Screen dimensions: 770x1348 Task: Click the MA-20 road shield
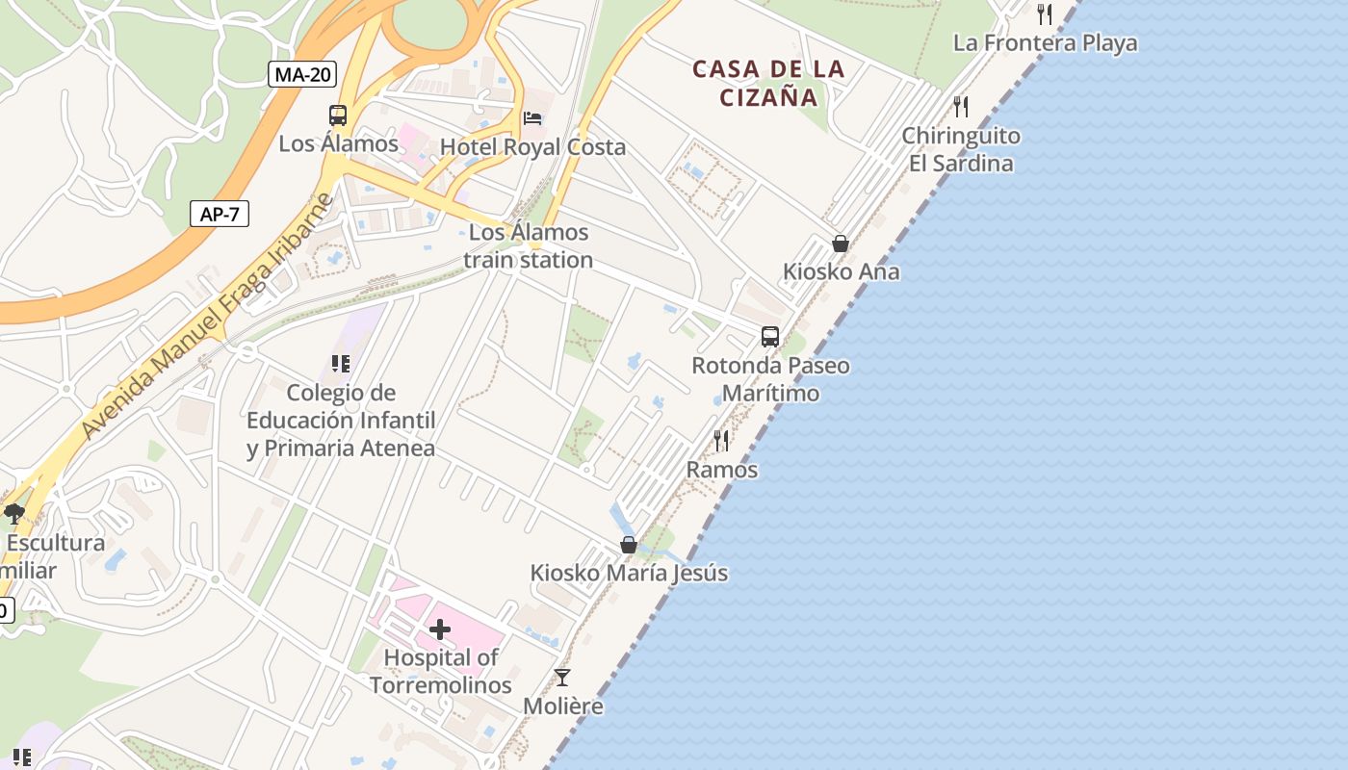point(302,74)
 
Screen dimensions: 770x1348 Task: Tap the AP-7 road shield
point(220,214)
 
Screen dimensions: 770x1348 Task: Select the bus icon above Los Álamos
point(338,115)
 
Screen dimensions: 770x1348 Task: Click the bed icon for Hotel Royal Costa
point(532,118)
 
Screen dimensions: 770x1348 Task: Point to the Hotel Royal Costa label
point(532,147)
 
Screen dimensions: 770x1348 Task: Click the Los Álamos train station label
point(528,246)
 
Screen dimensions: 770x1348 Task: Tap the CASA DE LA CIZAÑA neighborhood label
point(768,83)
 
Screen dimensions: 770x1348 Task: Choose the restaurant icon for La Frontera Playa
point(1045,14)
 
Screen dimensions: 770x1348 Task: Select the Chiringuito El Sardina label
point(961,149)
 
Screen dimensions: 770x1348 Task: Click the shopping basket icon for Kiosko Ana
point(841,244)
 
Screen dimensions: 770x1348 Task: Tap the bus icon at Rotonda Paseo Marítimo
point(770,337)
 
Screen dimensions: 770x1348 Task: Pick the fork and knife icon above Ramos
point(721,441)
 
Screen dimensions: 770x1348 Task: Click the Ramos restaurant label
point(721,470)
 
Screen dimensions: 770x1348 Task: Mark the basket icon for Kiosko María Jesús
point(629,545)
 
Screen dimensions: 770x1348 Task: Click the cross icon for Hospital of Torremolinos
point(440,630)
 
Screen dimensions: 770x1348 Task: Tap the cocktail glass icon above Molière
point(562,678)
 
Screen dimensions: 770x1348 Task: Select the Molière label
point(563,706)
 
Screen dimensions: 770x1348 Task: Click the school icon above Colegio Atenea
point(340,364)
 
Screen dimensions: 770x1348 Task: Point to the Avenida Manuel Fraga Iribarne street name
point(208,318)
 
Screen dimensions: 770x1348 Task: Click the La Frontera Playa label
point(1045,43)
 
